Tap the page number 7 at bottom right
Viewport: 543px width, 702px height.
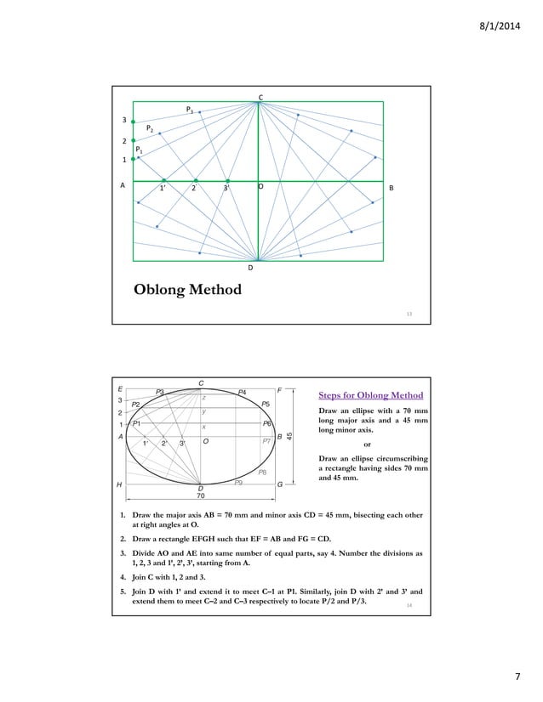(x=517, y=676)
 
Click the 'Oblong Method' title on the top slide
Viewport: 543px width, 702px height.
(x=187, y=291)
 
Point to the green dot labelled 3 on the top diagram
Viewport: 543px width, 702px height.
(x=133, y=122)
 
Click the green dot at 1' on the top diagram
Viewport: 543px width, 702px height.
(x=163, y=180)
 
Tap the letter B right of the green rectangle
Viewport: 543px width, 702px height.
(x=391, y=187)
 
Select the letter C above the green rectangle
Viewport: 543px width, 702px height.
(x=260, y=97)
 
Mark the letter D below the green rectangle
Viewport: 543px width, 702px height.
(x=250, y=268)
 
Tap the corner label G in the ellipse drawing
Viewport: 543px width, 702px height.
(x=279, y=484)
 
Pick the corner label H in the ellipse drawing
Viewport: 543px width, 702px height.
(x=121, y=484)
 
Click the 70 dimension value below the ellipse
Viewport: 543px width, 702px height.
(x=201, y=495)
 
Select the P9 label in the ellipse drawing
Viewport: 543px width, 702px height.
(x=240, y=482)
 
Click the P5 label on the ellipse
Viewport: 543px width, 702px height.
(x=266, y=404)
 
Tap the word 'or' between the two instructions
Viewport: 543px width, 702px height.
(x=367, y=443)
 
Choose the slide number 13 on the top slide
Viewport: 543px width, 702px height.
(x=409, y=314)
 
